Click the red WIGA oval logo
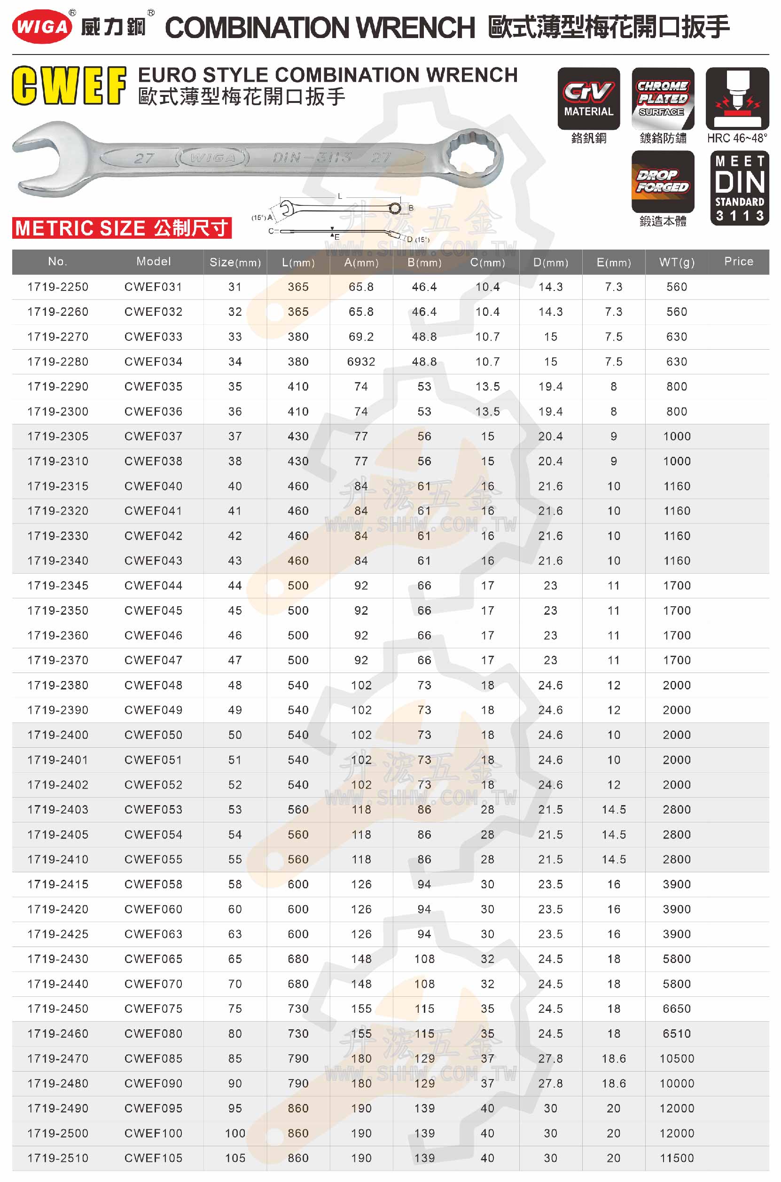(x=42, y=26)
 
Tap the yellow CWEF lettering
(x=69, y=86)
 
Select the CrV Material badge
(x=588, y=99)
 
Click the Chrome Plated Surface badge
(x=663, y=99)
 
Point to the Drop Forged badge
(x=663, y=181)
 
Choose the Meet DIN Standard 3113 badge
(x=739, y=188)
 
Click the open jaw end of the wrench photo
(x=37, y=158)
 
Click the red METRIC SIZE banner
(x=122, y=228)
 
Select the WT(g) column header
(x=676, y=262)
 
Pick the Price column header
(x=738, y=261)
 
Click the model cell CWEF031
(x=153, y=287)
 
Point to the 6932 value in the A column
(x=361, y=361)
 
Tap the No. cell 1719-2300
(x=58, y=411)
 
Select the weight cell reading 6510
(x=676, y=1033)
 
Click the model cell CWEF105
(x=153, y=1158)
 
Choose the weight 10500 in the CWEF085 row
(x=676, y=1058)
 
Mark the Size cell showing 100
(x=235, y=1133)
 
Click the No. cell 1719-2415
(x=58, y=884)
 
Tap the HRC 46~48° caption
(x=737, y=139)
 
